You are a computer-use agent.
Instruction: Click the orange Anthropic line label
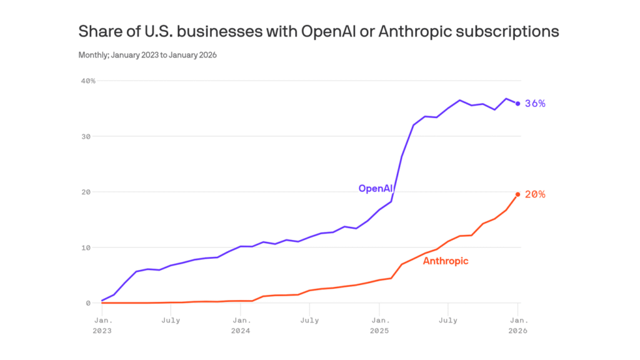(x=446, y=261)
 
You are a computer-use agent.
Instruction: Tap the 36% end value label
(x=535, y=104)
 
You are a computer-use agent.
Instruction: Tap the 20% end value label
(x=535, y=194)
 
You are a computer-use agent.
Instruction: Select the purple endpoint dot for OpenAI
(x=517, y=104)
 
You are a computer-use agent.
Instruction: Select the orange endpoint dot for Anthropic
(x=517, y=194)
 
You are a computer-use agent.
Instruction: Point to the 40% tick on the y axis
(x=87, y=81)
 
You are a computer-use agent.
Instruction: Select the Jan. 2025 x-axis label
(x=379, y=325)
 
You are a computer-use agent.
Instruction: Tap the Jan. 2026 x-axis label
(x=517, y=325)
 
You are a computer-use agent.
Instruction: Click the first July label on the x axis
(x=171, y=320)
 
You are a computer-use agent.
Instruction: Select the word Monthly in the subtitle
(x=92, y=55)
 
